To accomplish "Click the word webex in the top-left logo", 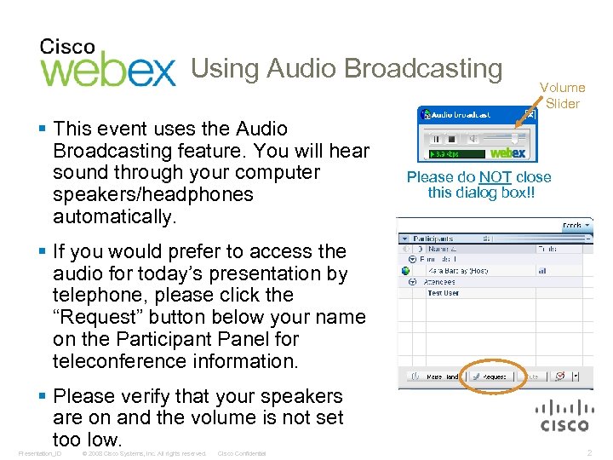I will click(x=108, y=72).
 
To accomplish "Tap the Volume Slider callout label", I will click(x=562, y=95).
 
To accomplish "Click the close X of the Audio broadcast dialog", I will click(x=530, y=114).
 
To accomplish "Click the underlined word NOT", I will click(x=495, y=177).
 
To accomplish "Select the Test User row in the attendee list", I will click(x=443, y=293).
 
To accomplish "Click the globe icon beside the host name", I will click(x=406, y=270).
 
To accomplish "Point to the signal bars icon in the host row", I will click(x=541, y=270).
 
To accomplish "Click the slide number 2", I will click(x=590, y=453).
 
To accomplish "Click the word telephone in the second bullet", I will click(x=93, y=296).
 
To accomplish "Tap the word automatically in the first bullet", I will click(x=113, y=216).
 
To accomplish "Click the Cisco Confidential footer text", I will click(x=242, y=453).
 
